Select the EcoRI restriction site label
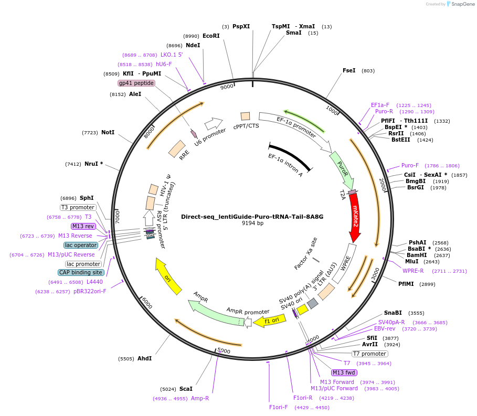[x=211, y=36]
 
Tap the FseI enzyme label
[x=349, y=70]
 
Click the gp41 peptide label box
[x=136, y=83]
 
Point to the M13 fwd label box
[x=344, y=372]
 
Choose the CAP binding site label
[x=81, y=272]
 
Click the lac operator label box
[x=81, y=245]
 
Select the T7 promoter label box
[x=369, y=354]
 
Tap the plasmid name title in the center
[x=252, y=216]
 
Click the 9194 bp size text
[x=252, y=223]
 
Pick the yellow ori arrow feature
[x=168, y=276]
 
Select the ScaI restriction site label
[x=186, y=389]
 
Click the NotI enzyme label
[x=108, y=133]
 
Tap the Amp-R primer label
[x=200, y=399]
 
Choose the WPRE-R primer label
[x=413, y=271]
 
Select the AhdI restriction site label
[x=144, y=359]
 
